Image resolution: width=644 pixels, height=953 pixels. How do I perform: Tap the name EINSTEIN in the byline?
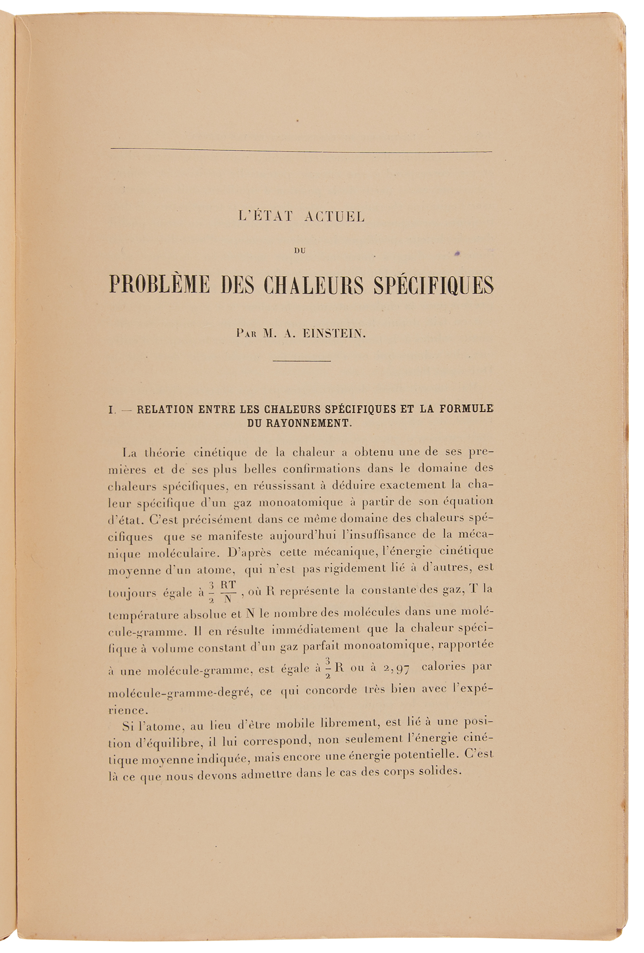point(334,334)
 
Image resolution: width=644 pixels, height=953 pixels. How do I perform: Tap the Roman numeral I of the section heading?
point(111,409)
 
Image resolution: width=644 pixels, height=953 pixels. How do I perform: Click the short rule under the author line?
point(302,361)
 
